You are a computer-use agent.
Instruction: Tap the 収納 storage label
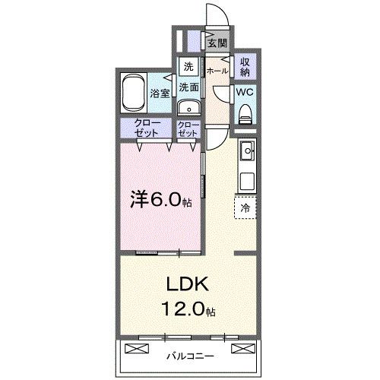[245, 66]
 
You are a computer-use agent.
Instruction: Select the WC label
[245, 93]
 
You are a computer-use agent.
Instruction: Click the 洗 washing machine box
[188, 65]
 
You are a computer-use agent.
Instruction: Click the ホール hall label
[217, 70]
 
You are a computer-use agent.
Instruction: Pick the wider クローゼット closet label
[146, 128]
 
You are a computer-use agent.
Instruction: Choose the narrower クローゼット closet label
[188, 128]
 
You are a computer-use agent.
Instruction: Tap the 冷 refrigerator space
[245, 206]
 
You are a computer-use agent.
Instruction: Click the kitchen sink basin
[247, 154]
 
